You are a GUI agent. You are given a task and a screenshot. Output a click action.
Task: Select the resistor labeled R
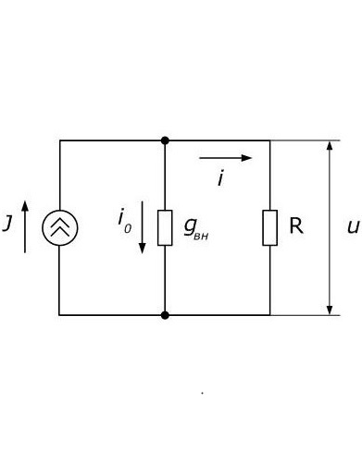tap(270, 228)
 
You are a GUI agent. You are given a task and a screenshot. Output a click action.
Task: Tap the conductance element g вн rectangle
tap(165, 228)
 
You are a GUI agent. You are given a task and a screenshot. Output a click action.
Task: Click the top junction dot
tap(165, 140)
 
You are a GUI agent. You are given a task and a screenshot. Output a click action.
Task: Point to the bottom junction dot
tap(165, 315)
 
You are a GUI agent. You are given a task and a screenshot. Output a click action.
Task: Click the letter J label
tap(7, 224)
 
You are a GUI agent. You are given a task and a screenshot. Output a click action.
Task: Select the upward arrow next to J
tap(25, 226)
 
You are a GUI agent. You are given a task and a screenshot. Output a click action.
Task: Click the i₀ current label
tap(125, 221)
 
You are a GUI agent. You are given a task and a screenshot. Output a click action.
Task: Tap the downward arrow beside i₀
tap(143, 227)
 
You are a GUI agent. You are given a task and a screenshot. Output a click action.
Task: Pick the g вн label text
tap(196, 228)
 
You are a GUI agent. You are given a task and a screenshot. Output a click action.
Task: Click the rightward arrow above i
tap(226, 158)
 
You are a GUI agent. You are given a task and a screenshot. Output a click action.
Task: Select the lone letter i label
tap(220, 179)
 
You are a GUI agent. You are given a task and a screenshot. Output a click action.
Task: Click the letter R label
tap(296, 225)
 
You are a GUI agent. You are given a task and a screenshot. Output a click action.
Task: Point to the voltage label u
tap(353, 227)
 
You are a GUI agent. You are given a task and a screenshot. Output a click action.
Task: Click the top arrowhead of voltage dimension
tap(330, 145)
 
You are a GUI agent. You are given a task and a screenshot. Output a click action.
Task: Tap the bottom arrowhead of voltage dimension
tap(330, 310)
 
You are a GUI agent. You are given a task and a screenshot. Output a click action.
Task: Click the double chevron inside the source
tap(60, 227)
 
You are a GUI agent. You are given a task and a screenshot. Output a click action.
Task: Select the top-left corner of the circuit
tap(60, 140)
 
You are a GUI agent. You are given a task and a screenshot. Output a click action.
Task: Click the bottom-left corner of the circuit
tap(59, 315)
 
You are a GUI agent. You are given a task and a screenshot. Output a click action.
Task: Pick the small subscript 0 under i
tap(128, 229)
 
